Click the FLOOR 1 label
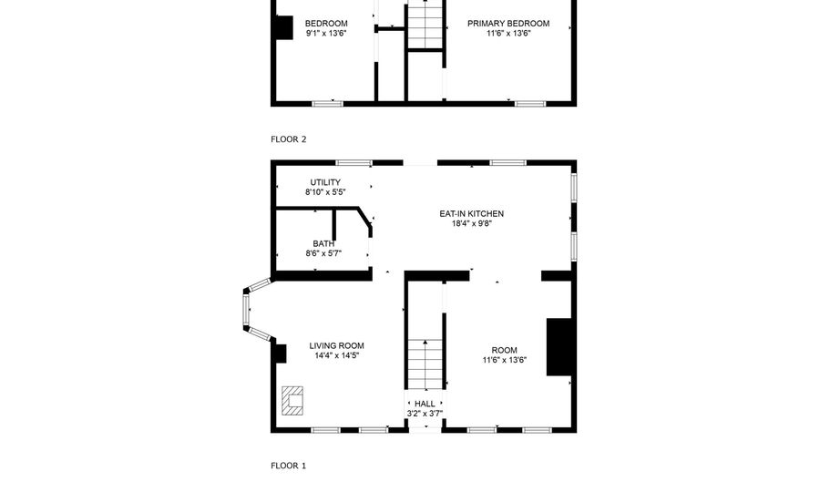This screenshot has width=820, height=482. [x=288, y=466]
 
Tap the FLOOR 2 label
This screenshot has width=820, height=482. [x=288, y=139]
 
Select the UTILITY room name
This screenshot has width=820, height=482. [x=325, y=182]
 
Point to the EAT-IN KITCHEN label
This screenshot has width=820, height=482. [x=472, y=213]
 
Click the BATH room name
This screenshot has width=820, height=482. [x=323, y=243]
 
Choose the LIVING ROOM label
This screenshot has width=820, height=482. [x=336, y=345]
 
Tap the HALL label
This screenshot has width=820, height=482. [x=425, y=404]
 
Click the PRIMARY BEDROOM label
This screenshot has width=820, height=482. [x=508, y=24]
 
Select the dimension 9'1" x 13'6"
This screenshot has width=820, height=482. [x=326, y=34]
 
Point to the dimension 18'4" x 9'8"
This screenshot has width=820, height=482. [x=472, y=223]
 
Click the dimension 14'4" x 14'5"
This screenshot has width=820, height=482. [x=336, y=355]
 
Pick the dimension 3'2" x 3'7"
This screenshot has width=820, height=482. [x=425, y=414]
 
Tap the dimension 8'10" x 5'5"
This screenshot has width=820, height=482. [x=325, y=192]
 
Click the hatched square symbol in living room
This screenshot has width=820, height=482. [x=292, y=400]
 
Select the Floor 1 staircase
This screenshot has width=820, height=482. [x=425, y=364]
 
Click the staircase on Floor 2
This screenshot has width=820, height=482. [x=425, y=26]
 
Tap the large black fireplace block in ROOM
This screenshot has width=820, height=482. [x=559, y=346]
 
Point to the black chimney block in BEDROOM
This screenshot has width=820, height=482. [x=284, y=27]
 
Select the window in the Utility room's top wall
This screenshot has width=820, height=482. [x=354, y=162]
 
